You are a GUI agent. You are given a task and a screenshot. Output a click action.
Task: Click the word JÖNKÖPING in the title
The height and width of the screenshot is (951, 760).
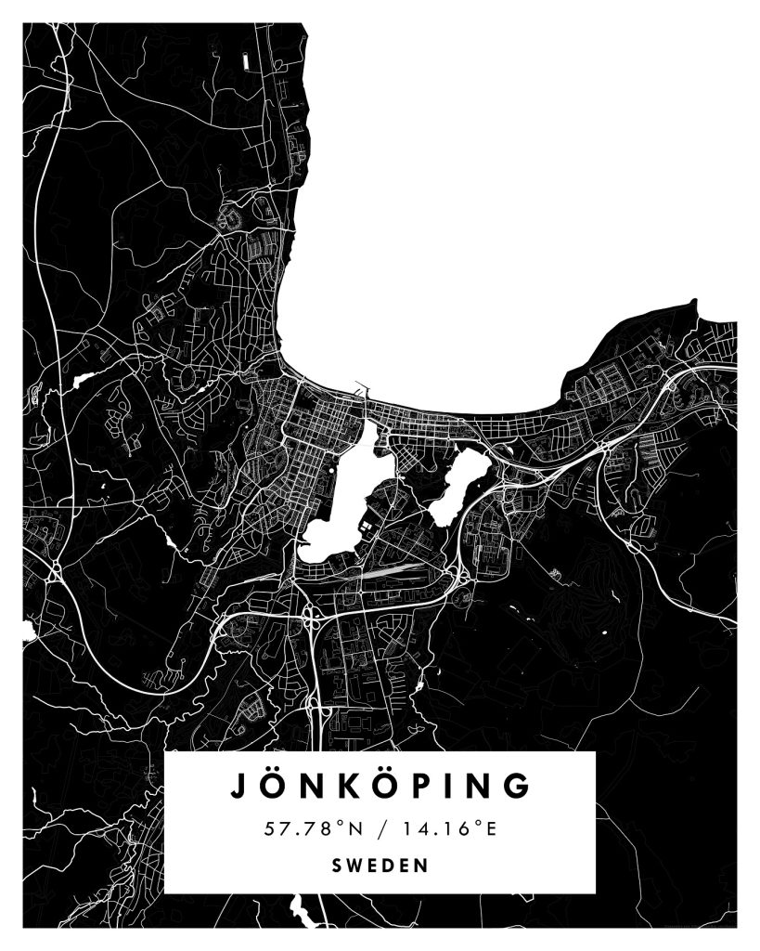[x=380, y=785]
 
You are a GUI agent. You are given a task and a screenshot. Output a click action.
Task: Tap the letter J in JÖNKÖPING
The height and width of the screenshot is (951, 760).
[x=238, y=785]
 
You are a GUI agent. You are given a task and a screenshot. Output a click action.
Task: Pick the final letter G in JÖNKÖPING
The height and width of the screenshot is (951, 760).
[x=520, y=785]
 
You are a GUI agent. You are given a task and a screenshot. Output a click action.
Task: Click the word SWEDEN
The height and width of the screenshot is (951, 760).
[x=380, y=866]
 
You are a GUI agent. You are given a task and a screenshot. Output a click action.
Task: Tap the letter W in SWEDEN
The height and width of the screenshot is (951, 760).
[x=357, y=866]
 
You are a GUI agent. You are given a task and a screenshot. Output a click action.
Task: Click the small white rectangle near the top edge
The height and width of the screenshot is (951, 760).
[x=246, y=61]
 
